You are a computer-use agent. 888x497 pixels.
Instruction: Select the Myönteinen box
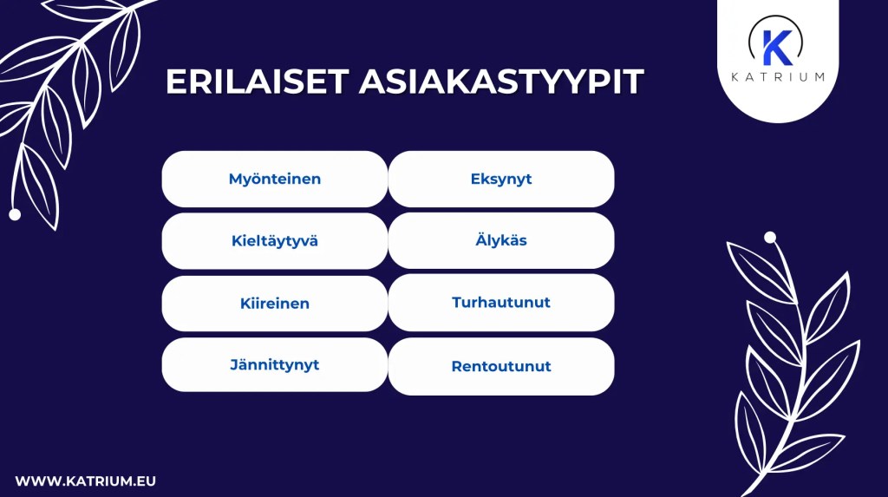pos(274,180)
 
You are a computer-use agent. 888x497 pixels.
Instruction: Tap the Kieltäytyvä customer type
pos(274,241)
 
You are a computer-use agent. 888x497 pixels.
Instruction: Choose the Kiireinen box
pos(274,304)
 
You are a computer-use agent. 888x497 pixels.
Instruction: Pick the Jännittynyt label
pos(274,365)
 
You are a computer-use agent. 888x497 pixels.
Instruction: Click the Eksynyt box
pos(501,180)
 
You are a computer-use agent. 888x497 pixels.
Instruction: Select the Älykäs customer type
pos(501,241)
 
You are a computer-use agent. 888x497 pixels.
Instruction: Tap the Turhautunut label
pos(501,303)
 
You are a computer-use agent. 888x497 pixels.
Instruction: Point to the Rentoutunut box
pos(501,366)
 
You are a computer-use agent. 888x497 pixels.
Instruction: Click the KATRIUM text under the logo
pos(777,77)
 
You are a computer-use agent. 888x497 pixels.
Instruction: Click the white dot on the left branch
pos(15,214)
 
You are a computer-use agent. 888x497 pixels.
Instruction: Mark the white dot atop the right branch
pos(769,237)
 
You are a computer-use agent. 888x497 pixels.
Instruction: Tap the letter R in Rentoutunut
pos(456,366)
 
